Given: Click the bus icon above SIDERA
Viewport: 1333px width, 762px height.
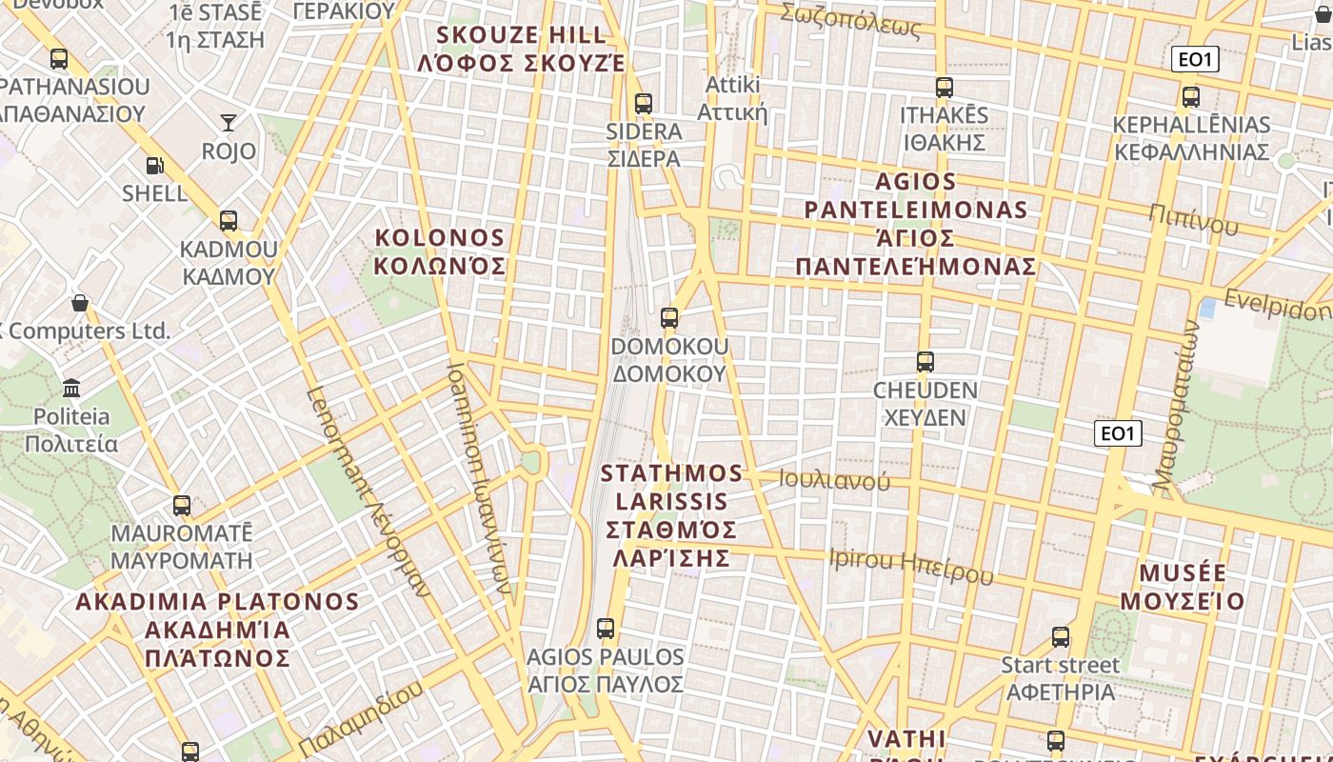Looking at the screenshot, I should tap(644, 104).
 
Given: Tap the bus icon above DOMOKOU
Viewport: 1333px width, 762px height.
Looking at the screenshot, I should tap(669, 318).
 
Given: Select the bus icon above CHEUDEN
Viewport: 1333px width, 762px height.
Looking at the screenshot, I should tap(925, 362).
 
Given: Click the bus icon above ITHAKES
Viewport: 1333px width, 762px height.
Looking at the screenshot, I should tap(944, 88).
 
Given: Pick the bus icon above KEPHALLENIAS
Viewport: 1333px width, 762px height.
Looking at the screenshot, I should tap(1190, 97).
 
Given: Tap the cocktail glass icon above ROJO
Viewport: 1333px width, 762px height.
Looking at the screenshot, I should tap(229, 122).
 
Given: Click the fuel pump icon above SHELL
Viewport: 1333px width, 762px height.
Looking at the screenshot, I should tap(154, 166).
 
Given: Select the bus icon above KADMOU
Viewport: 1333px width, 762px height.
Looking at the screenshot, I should tap(229, 221).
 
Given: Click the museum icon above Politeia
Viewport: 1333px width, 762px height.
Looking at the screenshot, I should tap(71, 388).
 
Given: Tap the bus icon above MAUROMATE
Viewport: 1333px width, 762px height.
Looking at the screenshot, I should tap(182, 505).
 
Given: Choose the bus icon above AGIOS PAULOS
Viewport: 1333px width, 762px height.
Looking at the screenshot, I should tap(606, 629).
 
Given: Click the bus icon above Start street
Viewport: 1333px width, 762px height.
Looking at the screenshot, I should tap(1061, 637).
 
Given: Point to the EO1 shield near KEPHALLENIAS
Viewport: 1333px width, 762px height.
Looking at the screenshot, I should tap(1195, 60).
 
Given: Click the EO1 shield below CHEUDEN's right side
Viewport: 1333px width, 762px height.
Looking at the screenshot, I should tap(1117, 434).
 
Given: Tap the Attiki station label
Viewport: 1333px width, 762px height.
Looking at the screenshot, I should tap(732, 98).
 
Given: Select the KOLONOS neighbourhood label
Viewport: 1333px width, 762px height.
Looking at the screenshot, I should tap(439, 251).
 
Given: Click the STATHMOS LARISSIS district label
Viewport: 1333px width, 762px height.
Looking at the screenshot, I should tap(672, 514).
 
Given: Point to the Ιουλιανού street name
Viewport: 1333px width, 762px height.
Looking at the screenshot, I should tap(834, 480).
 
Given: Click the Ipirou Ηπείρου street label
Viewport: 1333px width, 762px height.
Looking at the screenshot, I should tap(910, 566).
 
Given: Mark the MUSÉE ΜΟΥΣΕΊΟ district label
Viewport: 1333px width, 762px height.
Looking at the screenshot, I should tap(1183, 587).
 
